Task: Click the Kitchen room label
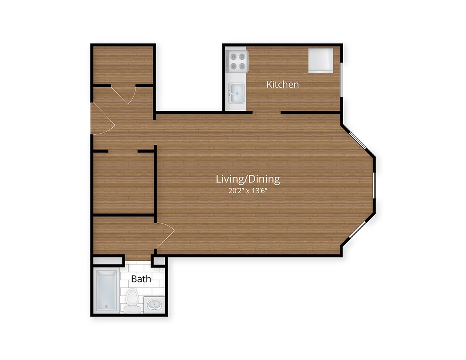[x=282, y=84]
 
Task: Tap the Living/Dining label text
[x=248, y=179]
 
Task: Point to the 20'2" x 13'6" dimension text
[x=248, y=190]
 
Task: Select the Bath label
[x=141, y=279]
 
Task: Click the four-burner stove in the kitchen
[x=238, y=61]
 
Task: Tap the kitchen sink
[x=236, y=93]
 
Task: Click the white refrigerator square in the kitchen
[x=321, y=61]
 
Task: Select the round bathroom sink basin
[x=154, y=305]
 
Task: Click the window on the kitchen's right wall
[x=342, y=80]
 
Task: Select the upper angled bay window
[x=358, y=141]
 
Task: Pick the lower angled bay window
[x=358, y=230]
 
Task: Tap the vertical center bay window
[x=374, y=185]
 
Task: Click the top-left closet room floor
[x=123, y=65]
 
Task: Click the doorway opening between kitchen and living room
[x=266, y=113]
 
